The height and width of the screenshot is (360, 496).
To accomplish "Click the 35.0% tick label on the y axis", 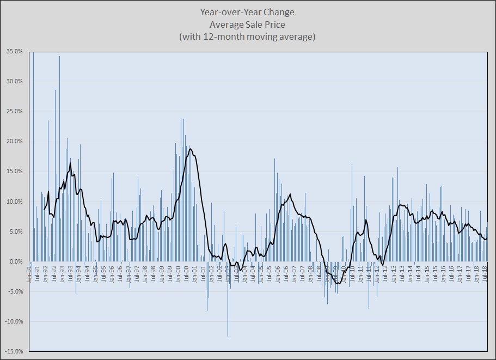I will [14, 52].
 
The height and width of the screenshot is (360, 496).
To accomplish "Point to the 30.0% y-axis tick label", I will [14, 82].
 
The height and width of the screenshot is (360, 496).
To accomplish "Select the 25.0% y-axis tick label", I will [14, 112].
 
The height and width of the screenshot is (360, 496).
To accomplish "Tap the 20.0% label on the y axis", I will [14, 142].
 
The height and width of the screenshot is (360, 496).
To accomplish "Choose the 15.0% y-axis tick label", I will [14, 172].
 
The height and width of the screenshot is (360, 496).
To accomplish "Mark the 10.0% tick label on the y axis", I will [14, 202].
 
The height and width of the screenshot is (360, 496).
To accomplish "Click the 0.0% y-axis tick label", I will [16, 262].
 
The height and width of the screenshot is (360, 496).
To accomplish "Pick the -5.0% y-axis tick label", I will [15, 292].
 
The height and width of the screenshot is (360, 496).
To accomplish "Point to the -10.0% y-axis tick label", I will [14, 322].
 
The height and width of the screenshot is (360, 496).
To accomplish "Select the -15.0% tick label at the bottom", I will [14, 352].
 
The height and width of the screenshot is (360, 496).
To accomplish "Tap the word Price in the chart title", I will [274, 25].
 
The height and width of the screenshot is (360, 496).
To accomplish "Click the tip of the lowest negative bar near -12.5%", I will [228, 337].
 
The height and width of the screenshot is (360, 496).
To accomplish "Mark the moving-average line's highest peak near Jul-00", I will [190, 148].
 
